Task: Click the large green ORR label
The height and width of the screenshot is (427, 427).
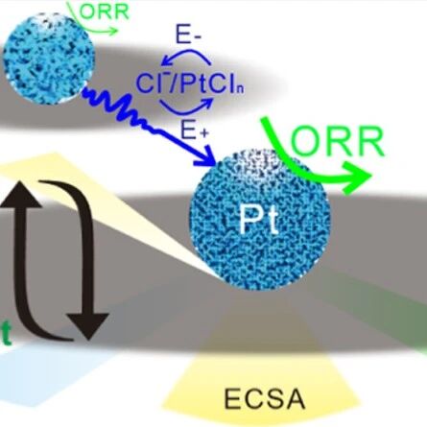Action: click(x=337, y=141)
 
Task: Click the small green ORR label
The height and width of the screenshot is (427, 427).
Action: click(x=104, y=12)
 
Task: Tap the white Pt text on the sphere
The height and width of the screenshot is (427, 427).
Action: click(x=258, y=219)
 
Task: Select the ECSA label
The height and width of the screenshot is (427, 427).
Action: click(x=264, y=399)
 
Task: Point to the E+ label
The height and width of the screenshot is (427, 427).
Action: click(x=195, y=130)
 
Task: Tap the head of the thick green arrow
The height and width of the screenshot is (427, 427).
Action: click(x=358, y=177)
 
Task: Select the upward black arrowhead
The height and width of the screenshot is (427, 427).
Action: click(x=21, y=193)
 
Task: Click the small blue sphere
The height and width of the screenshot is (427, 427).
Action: click(x=49, y=59)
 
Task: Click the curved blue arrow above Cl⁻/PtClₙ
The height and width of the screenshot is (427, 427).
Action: click(x=186, y=54)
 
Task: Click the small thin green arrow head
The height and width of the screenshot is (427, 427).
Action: click(x=113, y=31)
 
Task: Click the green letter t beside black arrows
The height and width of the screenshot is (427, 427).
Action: click(x=7, y=334)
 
